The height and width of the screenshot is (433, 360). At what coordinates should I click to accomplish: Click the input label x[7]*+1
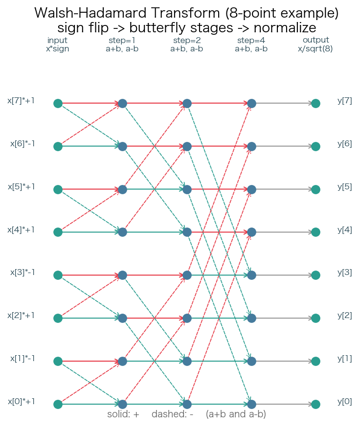tap(21, 101)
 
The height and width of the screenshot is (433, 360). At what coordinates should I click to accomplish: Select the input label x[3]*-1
tap(22, 272)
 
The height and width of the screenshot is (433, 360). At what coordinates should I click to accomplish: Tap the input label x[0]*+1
tap(21, 402)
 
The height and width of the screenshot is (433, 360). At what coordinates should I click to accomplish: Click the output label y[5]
tap(345, 187)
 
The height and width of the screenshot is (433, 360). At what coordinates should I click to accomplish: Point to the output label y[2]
tap(345, 316)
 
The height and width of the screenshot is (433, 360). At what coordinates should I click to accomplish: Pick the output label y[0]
tap(345, 402)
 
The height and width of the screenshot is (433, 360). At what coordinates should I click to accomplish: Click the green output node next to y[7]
tap(315, 103)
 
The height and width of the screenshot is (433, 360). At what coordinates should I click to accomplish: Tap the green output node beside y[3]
tap(315, 275)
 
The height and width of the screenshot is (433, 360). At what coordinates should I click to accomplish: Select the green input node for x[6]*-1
tap(58, 146)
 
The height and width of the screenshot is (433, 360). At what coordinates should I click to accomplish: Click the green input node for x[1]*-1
tap(58, 361)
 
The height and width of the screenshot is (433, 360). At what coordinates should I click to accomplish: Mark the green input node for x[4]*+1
tap(58, 232)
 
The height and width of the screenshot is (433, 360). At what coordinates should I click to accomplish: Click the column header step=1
tap(122, 40)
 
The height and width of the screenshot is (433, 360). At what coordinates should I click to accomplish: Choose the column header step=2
tap(187, 40)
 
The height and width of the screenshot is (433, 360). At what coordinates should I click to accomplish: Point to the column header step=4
tap(251, 40)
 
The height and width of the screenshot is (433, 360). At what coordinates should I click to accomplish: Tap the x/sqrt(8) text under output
tap(315, 48)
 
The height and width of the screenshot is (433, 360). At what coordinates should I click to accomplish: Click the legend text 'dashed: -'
tap(173, 414)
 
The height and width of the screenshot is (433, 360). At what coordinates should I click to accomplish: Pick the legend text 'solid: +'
tap(123, 414)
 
